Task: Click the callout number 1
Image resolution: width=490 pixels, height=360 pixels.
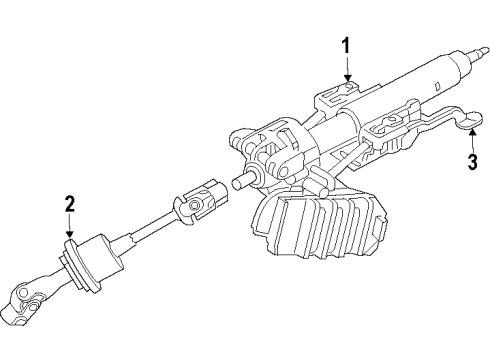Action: [x=346, y=45]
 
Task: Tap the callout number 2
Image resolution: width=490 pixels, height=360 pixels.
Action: [x=69, y=205]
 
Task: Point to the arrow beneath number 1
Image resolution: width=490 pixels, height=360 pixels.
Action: [x=346, y=70]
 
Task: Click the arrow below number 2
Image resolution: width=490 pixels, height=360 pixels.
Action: [x=69, y=228]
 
